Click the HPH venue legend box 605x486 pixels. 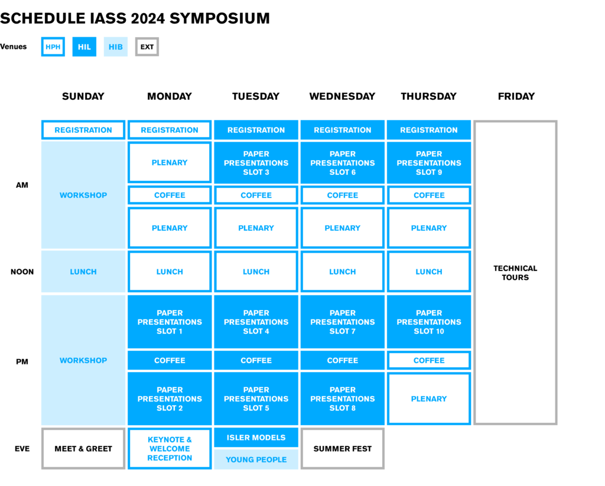[x=53, y=47]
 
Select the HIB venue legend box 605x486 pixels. [x=116, y=47]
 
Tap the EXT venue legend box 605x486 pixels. [x=147, y=47]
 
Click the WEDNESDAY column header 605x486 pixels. [x=342, y=96]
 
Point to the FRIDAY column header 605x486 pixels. [x=516, y=96]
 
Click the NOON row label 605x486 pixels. [x=22, y=272]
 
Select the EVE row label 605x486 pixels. [x=22, y=449]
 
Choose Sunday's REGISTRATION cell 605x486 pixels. [x=83, y=130]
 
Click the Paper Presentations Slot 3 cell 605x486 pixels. [x=256, y=163]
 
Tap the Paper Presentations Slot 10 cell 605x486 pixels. [x=429, y=322]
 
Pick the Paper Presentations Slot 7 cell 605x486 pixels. [x=343, y=322]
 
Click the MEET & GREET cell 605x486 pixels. [x=83, y=449]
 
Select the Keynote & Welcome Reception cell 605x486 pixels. [x=170, y=449]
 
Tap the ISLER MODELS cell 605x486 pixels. [x=256, y=438]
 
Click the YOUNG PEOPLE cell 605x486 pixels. [x=256, y=459]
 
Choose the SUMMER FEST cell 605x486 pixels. [x=343, y=449]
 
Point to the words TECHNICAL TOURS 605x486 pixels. [x=515, y=273]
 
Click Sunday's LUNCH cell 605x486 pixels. [x=83, y=272]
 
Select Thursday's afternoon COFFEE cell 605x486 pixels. [x=429, y=360]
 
